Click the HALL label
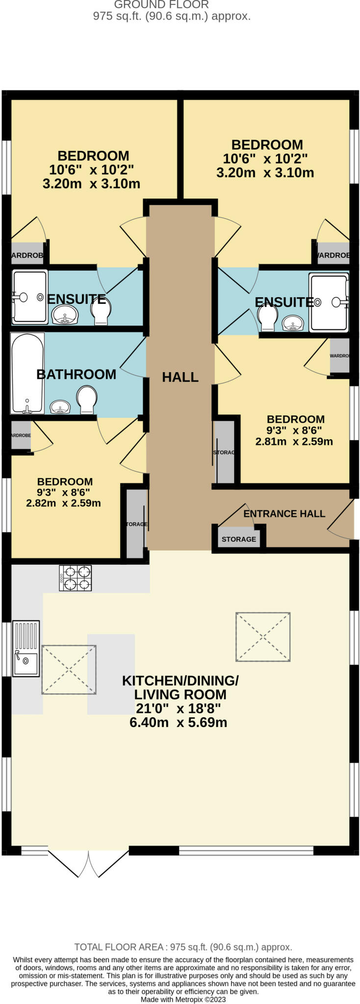pos(180,377)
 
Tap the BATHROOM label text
pos(76,374)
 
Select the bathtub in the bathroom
pos(27,373)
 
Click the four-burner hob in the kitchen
pos(75,578)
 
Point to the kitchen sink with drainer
pos(26,649)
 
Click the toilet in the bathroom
pos(87,399)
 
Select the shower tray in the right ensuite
pos(329,302)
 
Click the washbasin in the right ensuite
pos(293,322)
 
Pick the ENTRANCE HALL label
pos(284,514)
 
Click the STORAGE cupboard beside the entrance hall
pos(238,538)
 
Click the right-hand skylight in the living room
pos(263,636)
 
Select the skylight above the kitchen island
pos(69,670)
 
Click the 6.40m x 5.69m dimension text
pos(178,722)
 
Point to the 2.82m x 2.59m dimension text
pos(63,503)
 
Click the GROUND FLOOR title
pos(161,5)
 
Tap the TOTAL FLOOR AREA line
pos(183,947)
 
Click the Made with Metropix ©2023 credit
pos(183,999)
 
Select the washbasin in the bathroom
pos(60,406)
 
